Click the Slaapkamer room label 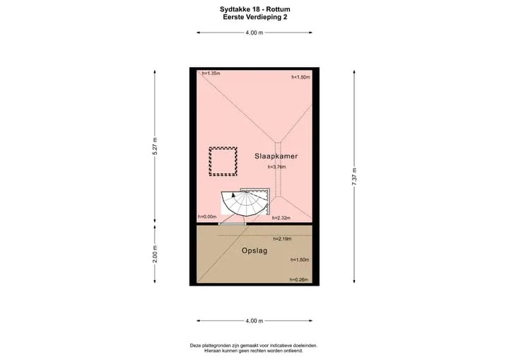point(276,156)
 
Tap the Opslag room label point(255,251)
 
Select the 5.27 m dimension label point(155,146)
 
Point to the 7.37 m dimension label point(354,177)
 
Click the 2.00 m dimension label point(155,254)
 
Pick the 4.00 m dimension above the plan point(255,33)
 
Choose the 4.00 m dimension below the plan point(255,320)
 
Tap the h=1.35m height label point(211,74)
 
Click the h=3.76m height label point(277,167)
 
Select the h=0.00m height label point(207,216)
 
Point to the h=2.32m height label point(281,218)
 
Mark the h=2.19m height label point(282,239)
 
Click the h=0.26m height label point(299,280)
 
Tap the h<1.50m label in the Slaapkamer point(300,77)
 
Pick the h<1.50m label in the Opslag point(300,260)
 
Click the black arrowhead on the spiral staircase point(233,195)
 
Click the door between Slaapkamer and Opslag point(233,224)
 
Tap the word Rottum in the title point(279,9)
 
